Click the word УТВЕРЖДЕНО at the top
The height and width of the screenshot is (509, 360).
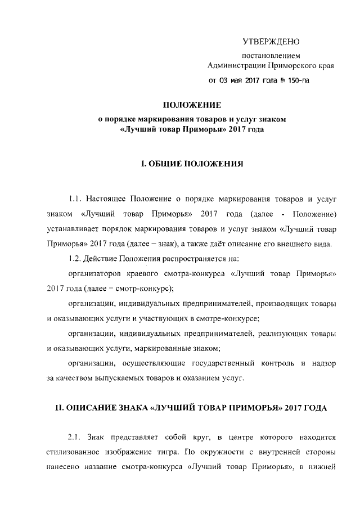click(271, 42)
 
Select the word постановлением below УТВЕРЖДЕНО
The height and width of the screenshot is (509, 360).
click(271, 56)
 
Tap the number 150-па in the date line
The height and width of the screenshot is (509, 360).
click(296, 80)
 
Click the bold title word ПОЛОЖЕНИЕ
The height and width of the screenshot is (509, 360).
click(192, 105)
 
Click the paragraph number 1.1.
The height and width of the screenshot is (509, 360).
click(76, 199)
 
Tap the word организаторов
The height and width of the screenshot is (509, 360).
click(93, 274)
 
